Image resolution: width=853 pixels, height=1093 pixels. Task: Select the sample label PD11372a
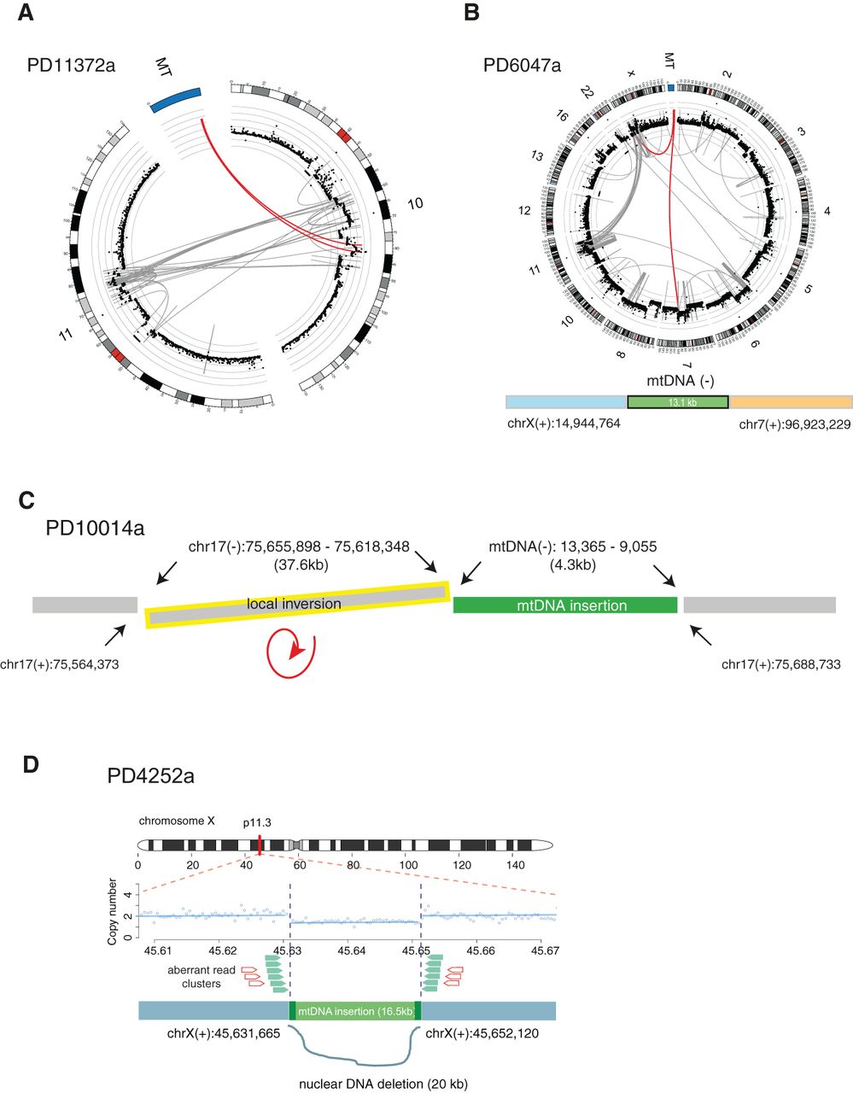click(71, 65)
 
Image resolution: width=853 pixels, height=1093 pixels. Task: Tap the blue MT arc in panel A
click(174, 96)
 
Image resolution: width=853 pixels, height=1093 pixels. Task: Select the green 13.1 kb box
click(678, 402)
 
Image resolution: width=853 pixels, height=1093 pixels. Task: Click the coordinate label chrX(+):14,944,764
click(563, 423)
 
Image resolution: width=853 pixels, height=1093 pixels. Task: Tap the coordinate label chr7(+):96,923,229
click(794, 423)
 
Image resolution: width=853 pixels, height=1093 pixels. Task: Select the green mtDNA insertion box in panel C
click(565, 605)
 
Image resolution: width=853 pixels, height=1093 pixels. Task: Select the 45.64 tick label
click(351, 950)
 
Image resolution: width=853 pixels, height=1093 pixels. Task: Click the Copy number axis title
click(113, 911)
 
